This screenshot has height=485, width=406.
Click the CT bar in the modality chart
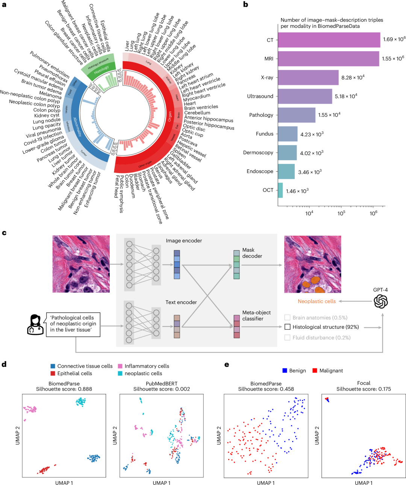(x=329, y=40)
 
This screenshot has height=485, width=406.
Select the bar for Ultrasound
(x=305, y=96)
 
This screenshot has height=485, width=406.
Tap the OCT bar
(x=280, y=190)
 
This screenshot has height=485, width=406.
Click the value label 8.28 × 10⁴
(x=353, y=78)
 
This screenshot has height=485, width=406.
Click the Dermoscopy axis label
(x=258, y=153)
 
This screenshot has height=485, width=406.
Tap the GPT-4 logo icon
(x=380, y=301)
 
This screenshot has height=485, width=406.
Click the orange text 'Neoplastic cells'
(x=317, y=301)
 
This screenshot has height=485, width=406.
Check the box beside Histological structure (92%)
(x=288, y=327)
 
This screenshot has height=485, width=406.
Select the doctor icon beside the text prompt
(x=35, y=324)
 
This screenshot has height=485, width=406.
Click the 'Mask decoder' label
(x=252, y=253)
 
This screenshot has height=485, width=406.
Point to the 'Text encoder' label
(x=181, y=302)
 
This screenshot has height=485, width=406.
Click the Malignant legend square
(x=315, y=371)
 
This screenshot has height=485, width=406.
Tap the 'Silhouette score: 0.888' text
(x=64, y=389)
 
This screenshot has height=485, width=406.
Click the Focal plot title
(x=364, y=383)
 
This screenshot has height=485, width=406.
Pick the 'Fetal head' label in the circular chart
(x=117, y=187)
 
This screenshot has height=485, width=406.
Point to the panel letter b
(x=246, y=5)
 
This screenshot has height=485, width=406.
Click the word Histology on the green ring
(x=101, y=69)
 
